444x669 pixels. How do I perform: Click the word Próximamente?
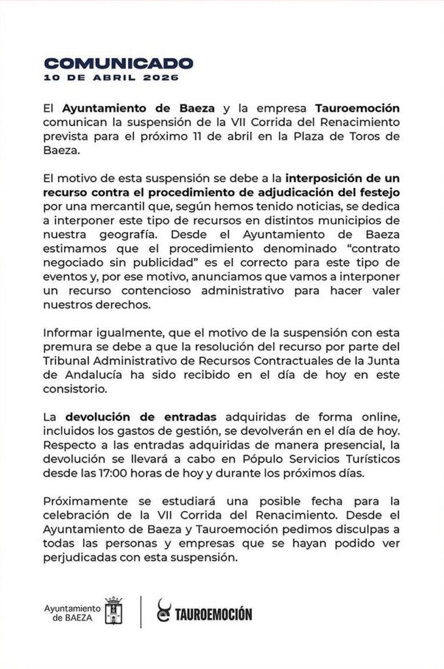point(84,501)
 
